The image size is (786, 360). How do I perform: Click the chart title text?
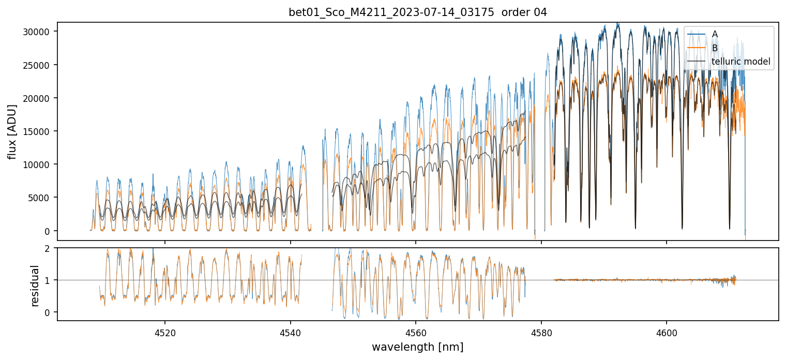(x=417, y=12)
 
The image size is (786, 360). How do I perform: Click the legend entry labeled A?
(x=715, y=34)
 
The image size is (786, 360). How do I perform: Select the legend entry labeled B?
(x=715, y=48)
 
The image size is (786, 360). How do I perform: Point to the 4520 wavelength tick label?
(x=165, y=332)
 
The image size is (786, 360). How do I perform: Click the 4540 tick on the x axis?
(x=290, y=332)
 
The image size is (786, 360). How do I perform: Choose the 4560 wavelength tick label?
(x=416, y=332)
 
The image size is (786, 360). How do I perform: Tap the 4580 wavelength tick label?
(x=541, y=332)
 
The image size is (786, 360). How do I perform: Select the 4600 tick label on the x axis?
(x=666, y=332)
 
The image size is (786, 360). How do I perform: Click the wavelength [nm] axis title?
(x=417, y=347)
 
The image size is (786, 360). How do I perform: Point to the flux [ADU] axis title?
(x=12, y=131)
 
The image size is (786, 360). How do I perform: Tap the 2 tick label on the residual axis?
(x=47, y=248)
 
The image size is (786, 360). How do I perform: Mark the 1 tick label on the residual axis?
(x=47, y=280)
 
